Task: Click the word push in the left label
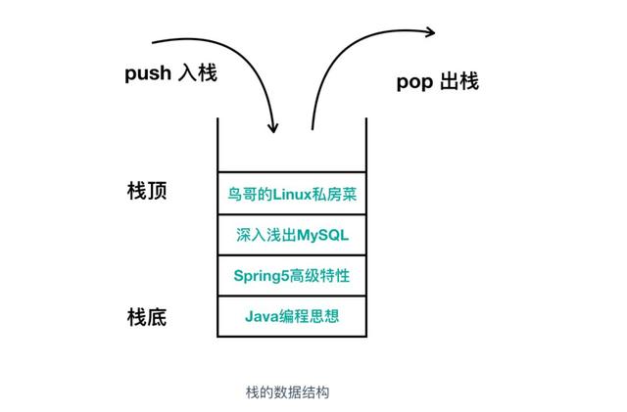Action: pyautogui.click(x=150, y=74)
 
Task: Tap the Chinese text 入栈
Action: pyautogui.click(x=201, y=74)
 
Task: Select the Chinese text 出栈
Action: pyautogui.click(x=459, y=82)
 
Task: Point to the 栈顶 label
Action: pyautogui.click(x=148, y=191)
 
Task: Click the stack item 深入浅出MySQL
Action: pyautogui.click(x=292, y=236)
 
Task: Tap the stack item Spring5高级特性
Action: pyautogui.click(x=292, y=276)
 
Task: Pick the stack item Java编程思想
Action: pyautogui.click(x=292, y=317)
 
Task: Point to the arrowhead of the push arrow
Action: pyautogui.click(x=272, y=128)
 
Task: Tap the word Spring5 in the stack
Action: pyautogui.click(x=260, y=276)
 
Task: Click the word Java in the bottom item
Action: pyautogui.click(x=260, y=317)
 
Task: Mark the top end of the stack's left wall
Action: pyautogui.click(x=218, y=120)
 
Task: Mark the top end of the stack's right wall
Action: pyautogui.click(x=365, y=120)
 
